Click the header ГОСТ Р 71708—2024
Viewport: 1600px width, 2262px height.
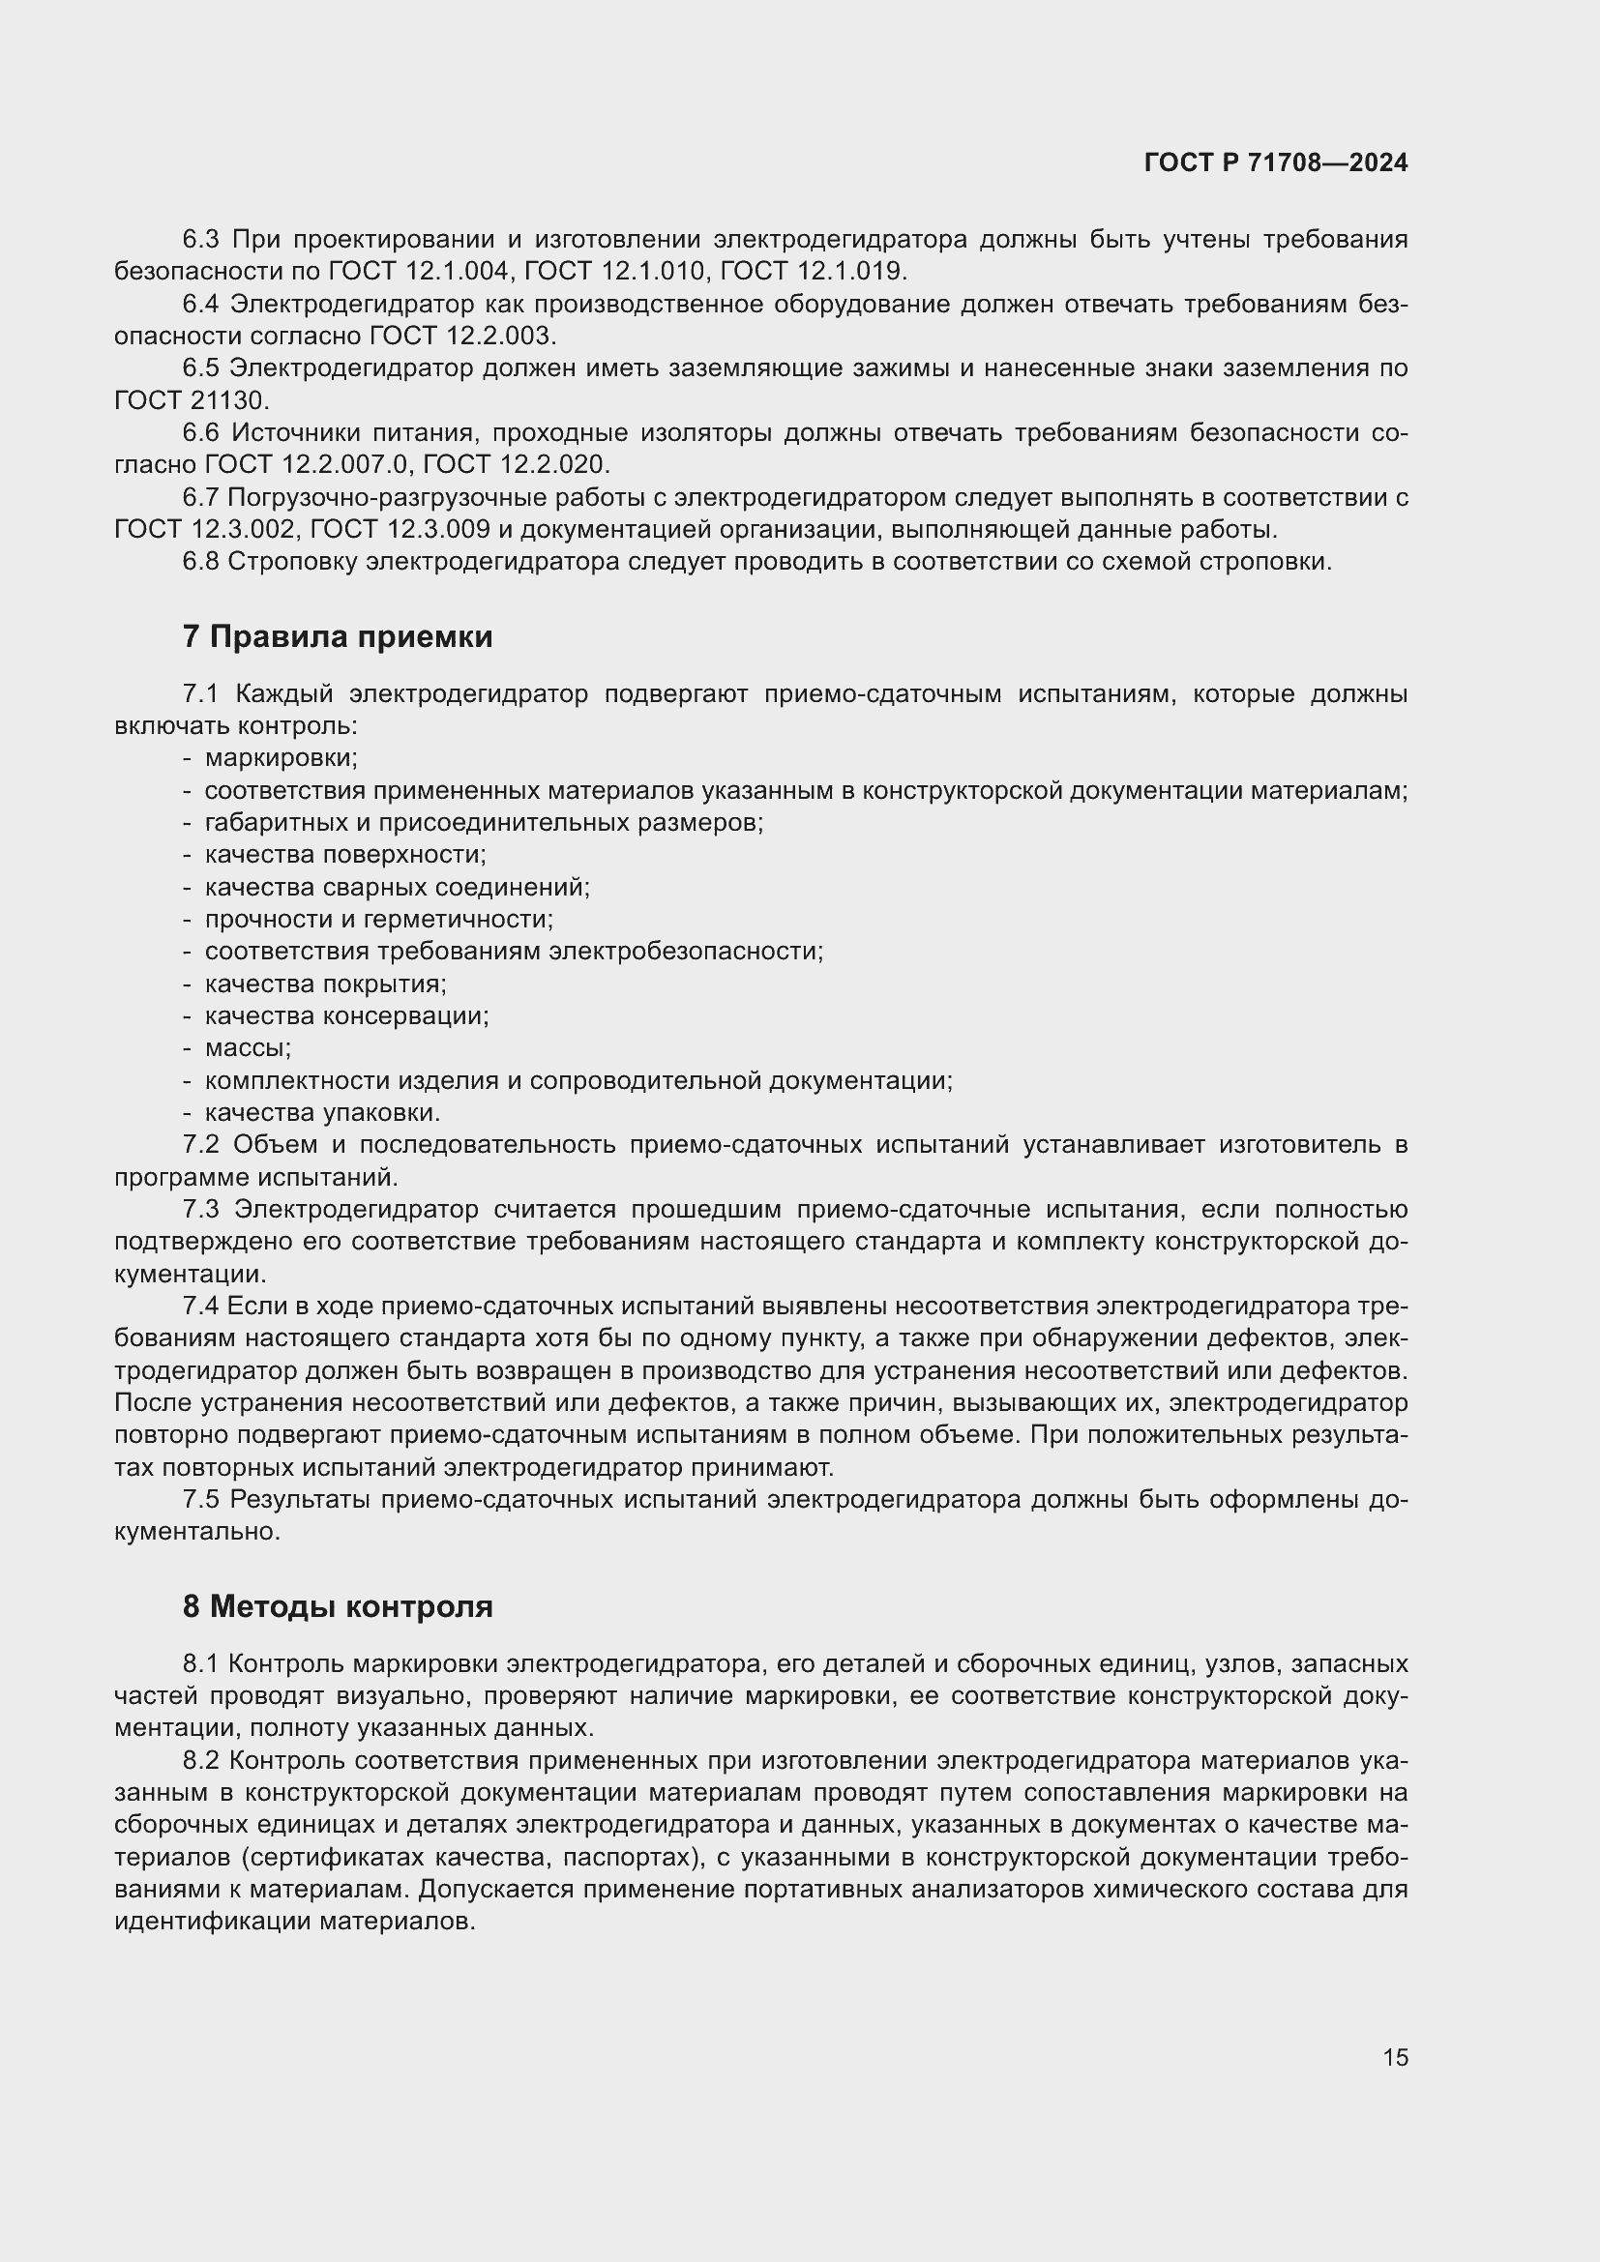pyautogui.click(x=1276, y=162)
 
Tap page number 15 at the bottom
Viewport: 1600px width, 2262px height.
pyautogui.click(x=1395, y=2057)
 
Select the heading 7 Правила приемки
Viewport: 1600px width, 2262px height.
pyautogui.click(x=337, y=637)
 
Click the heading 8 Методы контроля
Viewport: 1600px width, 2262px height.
pyautogui.click(x=337, y=1607)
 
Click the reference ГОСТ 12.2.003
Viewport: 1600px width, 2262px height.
pyautogui.click(x=461, y=336)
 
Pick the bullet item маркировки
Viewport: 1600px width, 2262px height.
pyautogui.click(x=281, y=758)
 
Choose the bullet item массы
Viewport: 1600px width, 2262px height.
pyautogui.click(x=248, y=1048)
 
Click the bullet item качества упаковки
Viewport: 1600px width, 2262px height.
pyautogui.click(x=322, y=1113)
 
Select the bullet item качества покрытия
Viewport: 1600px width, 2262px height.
pyautogui.click(x=325, y=984)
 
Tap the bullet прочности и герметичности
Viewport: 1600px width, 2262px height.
pyautogui.click(x=378, y=919)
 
